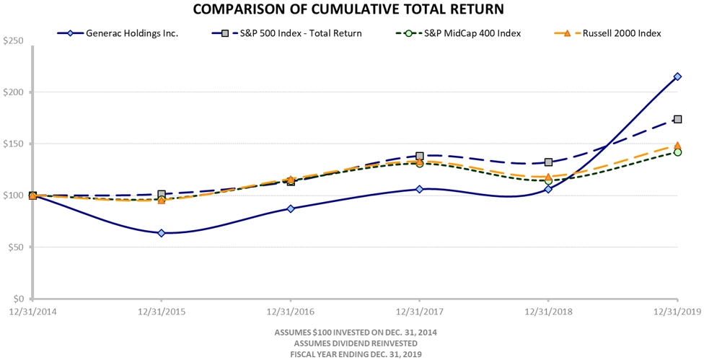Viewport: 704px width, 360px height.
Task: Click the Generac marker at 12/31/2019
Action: point(677,76)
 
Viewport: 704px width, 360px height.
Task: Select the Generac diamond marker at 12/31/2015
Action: point(162,233)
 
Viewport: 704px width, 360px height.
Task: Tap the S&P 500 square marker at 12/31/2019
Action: point(677,119)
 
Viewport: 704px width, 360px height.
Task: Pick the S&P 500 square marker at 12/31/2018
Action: point(548,162)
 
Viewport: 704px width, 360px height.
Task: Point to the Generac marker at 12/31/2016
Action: point(291,208)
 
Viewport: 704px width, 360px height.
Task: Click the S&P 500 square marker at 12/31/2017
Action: point(420,156)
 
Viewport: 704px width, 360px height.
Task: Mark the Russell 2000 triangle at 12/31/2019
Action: point(677,146)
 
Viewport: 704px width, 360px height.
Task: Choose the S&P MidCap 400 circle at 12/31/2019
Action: point(677,152)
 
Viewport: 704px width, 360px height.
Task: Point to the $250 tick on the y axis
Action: point(14,41)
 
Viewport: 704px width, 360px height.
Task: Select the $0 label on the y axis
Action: point(18,299)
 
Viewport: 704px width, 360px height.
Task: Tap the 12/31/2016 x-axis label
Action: point(291,311)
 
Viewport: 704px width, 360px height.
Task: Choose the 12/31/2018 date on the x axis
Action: point(548,311)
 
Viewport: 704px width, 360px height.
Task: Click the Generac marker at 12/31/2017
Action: point(420,189)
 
